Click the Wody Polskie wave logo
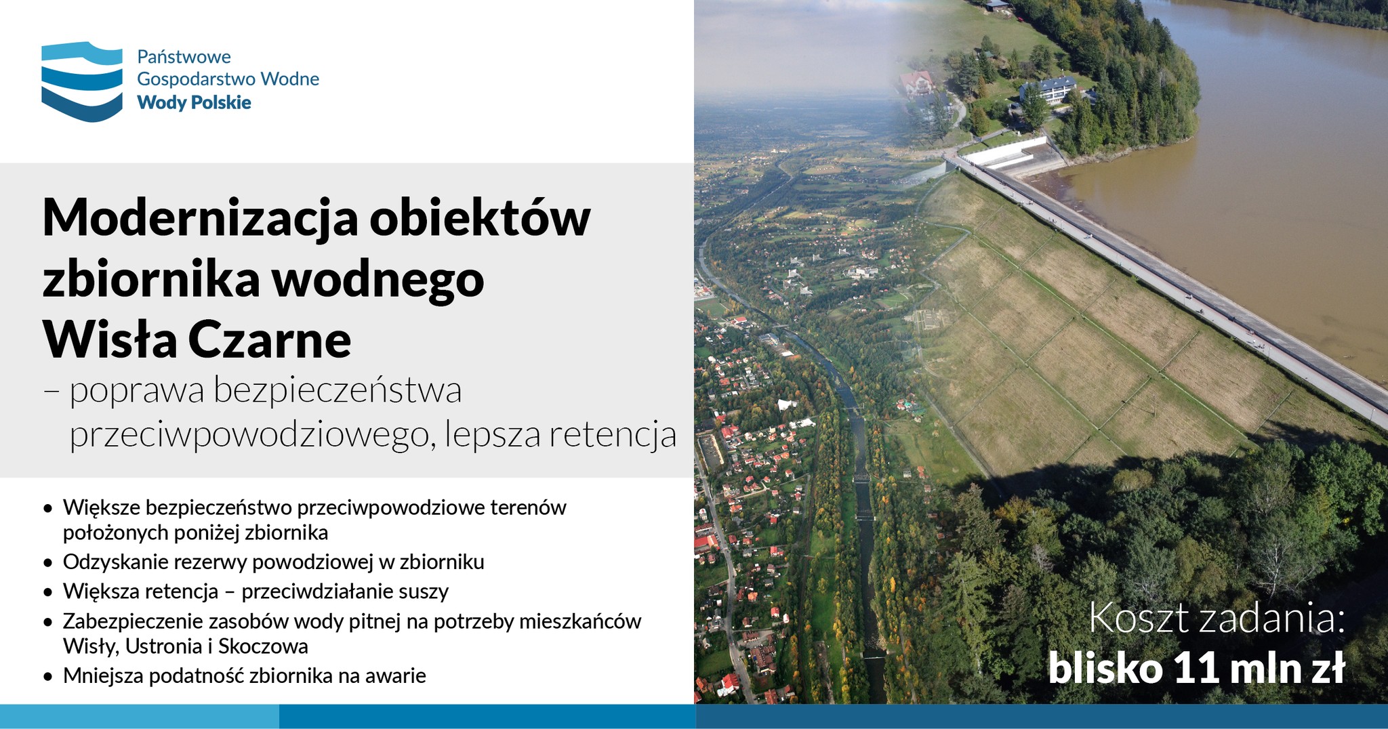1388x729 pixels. click(82, 81)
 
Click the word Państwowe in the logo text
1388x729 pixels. click(184, 57)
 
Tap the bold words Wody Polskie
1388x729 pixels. click(194, 103)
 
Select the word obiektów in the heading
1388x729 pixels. click(481, 218)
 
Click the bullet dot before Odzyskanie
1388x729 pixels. click(47, 562)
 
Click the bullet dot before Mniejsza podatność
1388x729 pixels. click(47, 676)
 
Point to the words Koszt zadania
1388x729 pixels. click(1217, 619)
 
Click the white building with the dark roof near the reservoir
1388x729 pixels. click(1048, 89)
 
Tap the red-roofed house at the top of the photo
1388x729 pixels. click(916, 83)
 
